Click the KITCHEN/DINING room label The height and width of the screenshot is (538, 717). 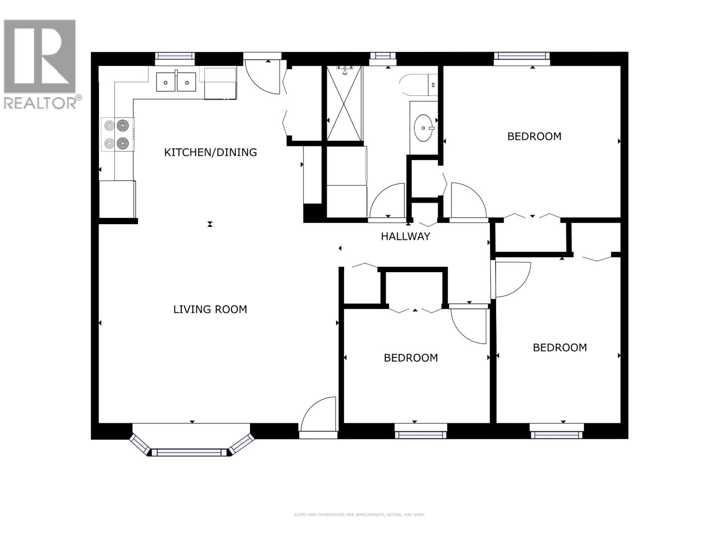pyautogui.click(x=210, y=152)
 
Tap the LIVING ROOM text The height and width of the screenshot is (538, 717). pyautogui.click(x=210, y=309)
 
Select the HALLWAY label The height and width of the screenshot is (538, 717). pyautogui.click(x=405, y=236)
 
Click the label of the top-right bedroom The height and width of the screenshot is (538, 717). pyautogui.click(x=534, y=136)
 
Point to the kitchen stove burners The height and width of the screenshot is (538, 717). pyautogui.click(x=117, y=134)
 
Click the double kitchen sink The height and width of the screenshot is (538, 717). pyautogui.click(x=176, y=82)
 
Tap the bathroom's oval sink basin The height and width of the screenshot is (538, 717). pyautogui.click(x=423, y=127)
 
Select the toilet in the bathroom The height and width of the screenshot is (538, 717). pyautogui.click(x=417, y=85)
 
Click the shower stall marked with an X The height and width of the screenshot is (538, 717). pyautogui.click(x=344, y=103)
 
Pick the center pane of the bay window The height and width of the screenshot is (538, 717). pyautogui.click(x=190, y=452)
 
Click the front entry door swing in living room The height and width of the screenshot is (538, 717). pyautogui.click(x=320, y=415)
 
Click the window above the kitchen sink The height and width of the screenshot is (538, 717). pyautogui.click(x=175, y=56)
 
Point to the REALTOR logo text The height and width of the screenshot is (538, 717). pyautogui.click(x=43, y=103)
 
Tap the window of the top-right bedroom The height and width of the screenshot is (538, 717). pyautogui.click(x=522, y=56)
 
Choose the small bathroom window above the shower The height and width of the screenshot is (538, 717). pyautogui.click(x=383, y=56)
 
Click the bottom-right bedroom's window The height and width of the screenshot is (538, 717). pyautogui.click(x=557, y=434)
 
